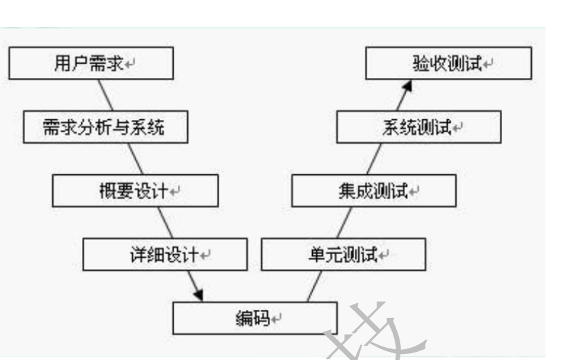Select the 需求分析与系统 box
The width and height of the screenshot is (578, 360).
click(x=105, y=127)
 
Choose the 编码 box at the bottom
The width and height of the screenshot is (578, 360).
click(x=254, y=317)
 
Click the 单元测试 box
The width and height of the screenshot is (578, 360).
click(x=343, y=254)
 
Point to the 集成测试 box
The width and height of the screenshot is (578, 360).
click(x=374, y=190)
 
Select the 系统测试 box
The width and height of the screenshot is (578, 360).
click(x=419, y=127)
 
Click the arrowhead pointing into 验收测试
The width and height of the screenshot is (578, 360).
click(x=407, y=85)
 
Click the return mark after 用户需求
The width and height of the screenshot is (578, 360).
click(x=129, y=65)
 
